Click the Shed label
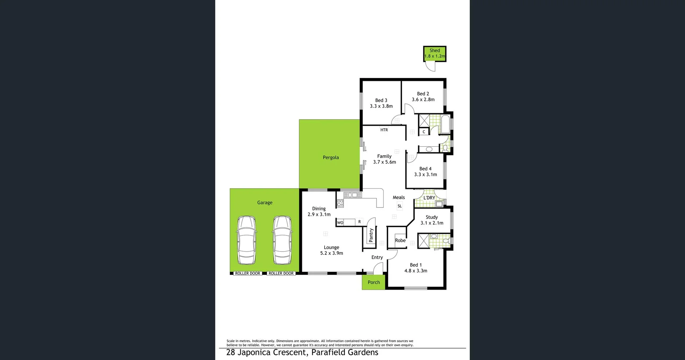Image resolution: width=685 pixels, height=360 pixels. click(x=435, y=51)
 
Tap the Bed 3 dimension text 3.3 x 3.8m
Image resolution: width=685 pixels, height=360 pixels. click(x=381, y=106)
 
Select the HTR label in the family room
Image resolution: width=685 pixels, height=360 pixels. click(x=384, y=130)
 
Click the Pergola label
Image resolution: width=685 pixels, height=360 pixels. click(x=331, y=157)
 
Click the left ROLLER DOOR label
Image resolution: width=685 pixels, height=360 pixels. click(x=248, y=274)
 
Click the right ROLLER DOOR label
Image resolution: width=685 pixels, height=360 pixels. click(x=281, y=274)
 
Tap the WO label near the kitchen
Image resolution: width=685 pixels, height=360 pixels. click(x=340, y=223)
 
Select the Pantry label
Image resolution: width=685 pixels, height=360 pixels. click(x=371, y=235)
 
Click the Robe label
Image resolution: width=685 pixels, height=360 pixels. click(x=400, y=240)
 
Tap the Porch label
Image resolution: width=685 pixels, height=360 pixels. click(x=374, y=282)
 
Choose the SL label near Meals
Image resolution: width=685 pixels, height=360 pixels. click(x=400, y=206)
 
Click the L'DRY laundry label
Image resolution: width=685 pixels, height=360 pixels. click(x=429, y=198)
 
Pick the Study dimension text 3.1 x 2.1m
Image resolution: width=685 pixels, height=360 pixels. click(x=432, y=223)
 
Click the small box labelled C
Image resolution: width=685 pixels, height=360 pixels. click(x=424, y=132)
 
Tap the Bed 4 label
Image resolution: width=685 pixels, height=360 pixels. click(x=425, y=169)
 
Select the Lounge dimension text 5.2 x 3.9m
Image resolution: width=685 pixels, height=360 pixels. click(x=331, y=253)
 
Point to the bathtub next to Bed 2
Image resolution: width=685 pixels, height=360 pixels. click(x=445, y=124)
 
